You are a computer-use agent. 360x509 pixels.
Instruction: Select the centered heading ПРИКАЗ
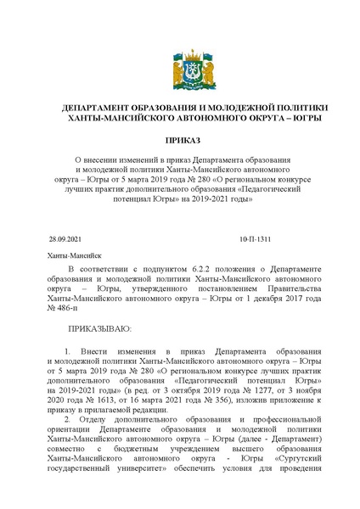[x=179, y=143]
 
